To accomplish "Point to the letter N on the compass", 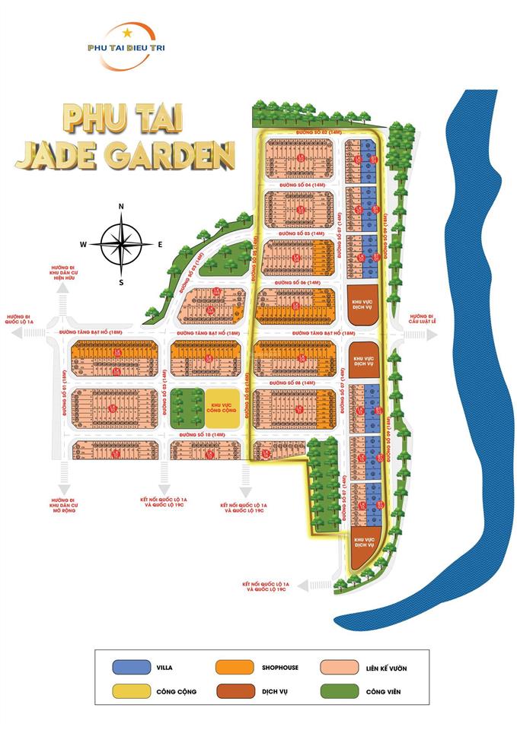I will tap(121, 207).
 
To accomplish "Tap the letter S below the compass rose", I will tap(121, 282).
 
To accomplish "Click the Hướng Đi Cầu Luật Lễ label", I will tap(420, 318).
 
